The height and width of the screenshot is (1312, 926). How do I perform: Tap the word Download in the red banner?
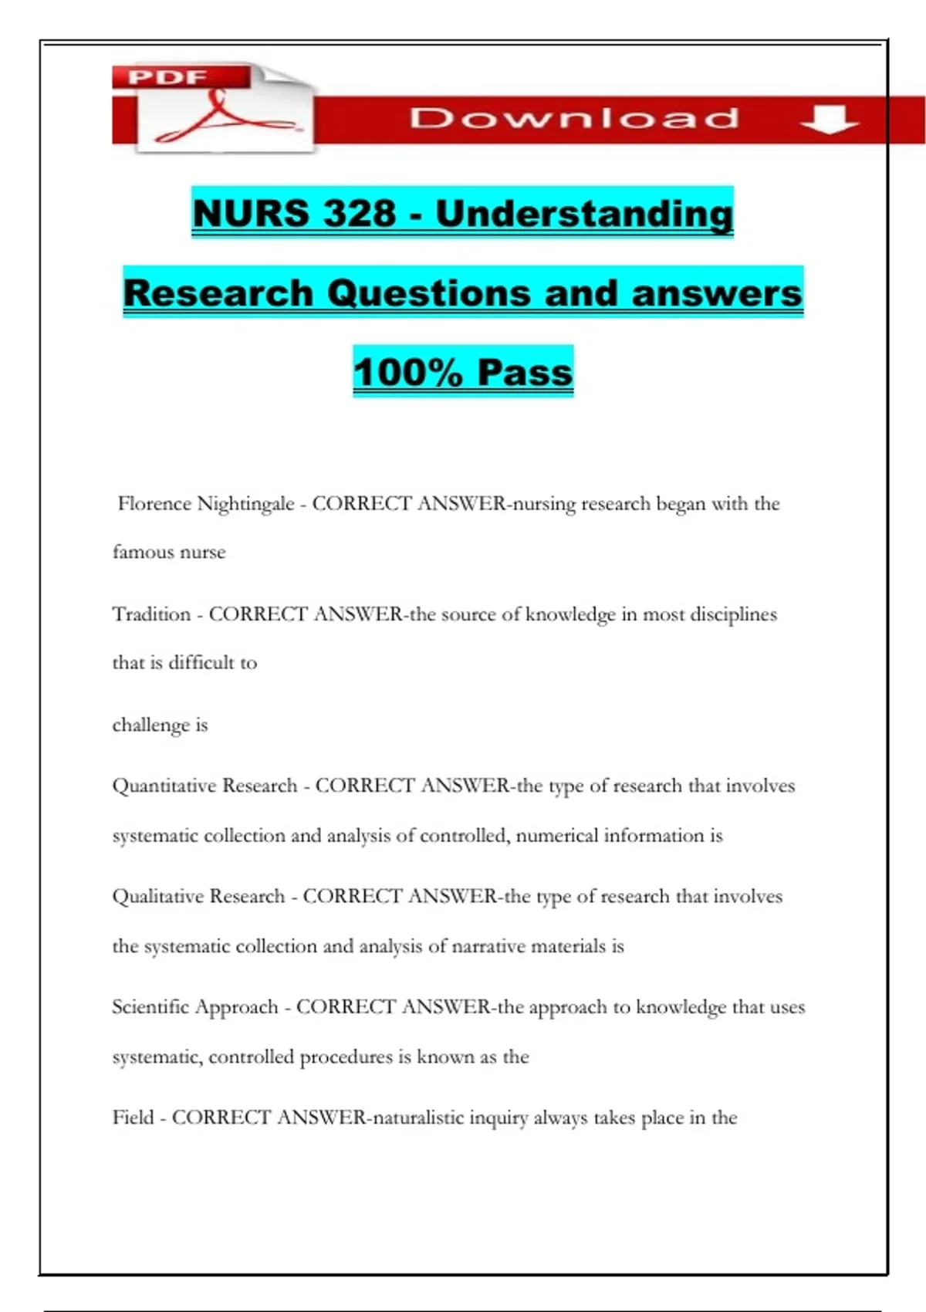tap(574, 118)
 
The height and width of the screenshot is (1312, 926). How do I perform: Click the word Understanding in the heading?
tap(584, 214)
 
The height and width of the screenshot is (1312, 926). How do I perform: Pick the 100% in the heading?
tap(407, 372)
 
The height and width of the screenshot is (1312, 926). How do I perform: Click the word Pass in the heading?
tap(525, 372)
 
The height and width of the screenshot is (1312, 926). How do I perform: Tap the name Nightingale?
tap(245, 504)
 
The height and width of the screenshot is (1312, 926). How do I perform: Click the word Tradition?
tap(151, 614)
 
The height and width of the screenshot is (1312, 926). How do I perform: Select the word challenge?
tap(150, 725)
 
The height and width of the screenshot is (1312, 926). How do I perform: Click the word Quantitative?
tap(164, 786)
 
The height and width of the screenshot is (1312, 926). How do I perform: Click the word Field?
tap(133, 1118)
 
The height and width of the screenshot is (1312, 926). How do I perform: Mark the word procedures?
tap(346, 1057)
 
